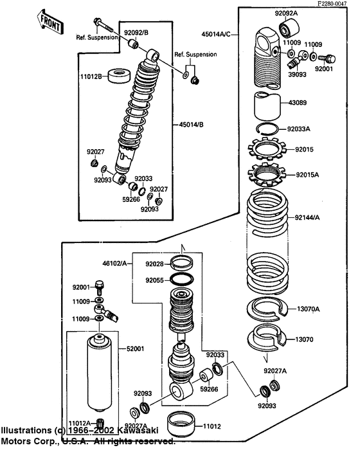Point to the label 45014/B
pyautogui.click(x=194, y=126)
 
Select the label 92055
pyautogui.click(x=155, y=280)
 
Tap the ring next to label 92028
pyautogui.click(x=183, y=263)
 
